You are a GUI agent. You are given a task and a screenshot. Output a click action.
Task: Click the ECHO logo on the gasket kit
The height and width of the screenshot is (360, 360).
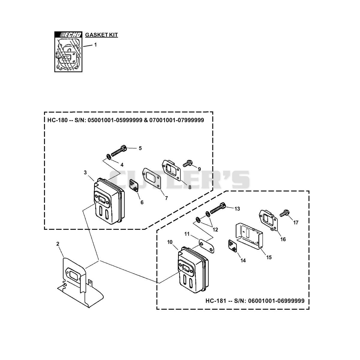68,35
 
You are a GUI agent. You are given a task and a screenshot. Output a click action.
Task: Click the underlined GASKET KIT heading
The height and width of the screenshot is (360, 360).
101,35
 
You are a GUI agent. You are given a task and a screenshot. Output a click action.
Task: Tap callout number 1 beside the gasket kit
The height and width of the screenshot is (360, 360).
95,45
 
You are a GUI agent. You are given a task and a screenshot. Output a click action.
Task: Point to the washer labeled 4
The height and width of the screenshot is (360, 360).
109,156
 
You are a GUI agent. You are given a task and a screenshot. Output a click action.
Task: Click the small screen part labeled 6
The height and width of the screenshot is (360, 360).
134,185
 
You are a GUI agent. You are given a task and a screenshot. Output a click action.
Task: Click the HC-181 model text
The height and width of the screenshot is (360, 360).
216,301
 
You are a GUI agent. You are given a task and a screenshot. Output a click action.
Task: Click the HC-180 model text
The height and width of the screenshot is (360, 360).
57,120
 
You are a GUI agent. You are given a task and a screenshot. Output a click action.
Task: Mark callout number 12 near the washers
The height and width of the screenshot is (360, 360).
215,229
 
